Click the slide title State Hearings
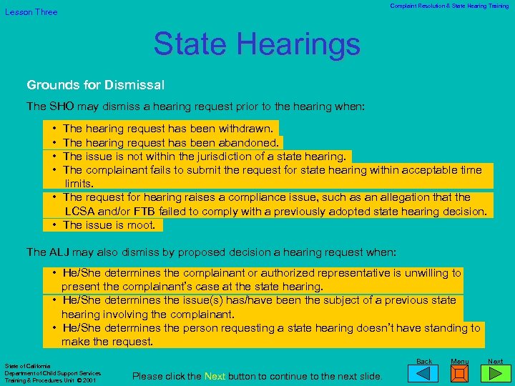point(257,44)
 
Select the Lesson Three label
point(31,12)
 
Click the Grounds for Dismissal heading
point(96,85)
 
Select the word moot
point(146,225)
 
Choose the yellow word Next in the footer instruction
point(215,376)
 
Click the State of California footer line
point(28,366)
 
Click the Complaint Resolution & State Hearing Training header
point(449,6)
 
